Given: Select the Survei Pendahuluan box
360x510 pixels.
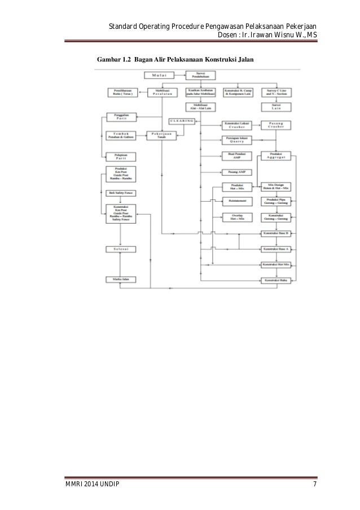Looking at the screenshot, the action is [200, 75].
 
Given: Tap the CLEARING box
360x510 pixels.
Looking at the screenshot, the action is [182, 121].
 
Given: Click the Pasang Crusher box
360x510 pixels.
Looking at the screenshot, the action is [275, 125].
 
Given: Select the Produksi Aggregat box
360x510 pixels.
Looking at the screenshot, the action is [275, 156].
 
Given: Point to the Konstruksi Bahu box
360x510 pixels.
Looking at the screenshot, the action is [275, 280].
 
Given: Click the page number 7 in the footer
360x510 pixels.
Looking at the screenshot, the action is [314, 485].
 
